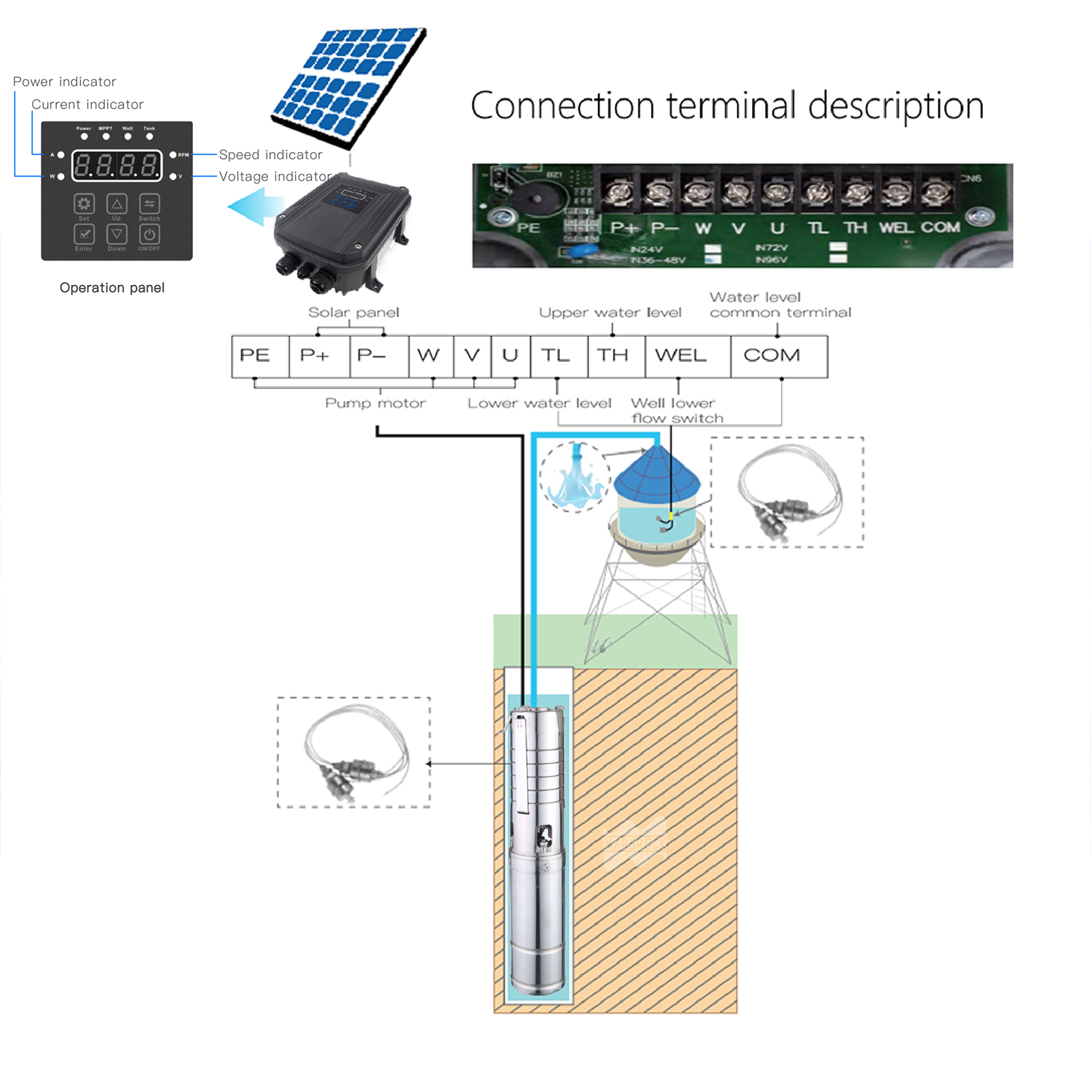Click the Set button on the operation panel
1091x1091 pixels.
[x=84, y=204]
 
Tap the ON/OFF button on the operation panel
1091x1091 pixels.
[x=149, y=235]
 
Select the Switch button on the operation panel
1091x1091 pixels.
[x=149, y=204]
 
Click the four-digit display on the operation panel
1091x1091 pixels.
[x=117, y=165]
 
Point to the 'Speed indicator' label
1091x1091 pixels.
[x=270, y=155]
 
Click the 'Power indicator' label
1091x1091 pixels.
[x=65, y=82]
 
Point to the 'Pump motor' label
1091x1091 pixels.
[x=375, y=403]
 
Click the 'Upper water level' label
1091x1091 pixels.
[x=610, y=312]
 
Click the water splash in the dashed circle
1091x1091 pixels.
[x=575, y=476]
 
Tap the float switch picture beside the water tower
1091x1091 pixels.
[x=788, y=492]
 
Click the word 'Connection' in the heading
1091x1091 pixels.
[x=563, y=106]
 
